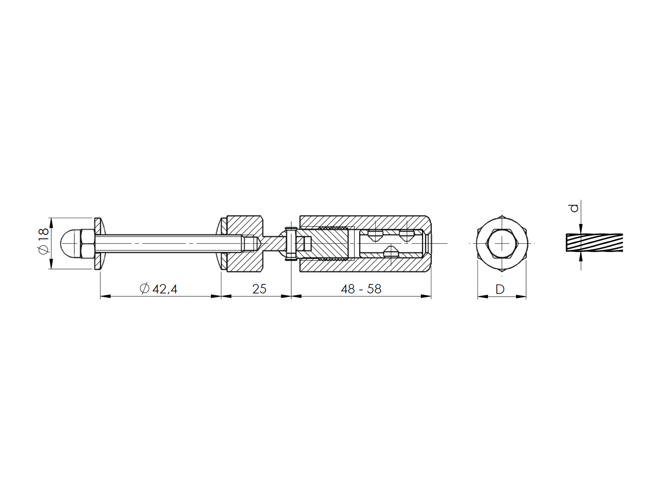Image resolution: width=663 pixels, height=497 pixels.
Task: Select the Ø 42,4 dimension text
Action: tap(159, 289)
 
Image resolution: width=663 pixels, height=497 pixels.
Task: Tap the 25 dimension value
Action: tap(259, 289)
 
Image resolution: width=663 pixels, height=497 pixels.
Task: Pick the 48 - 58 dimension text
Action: tap(361, 289)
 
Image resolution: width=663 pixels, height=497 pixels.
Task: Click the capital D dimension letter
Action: tap(500, 289)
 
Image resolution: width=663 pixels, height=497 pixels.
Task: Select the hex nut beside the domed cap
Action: tap(87, 243)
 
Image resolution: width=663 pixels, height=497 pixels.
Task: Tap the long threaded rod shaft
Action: tap(166, 243)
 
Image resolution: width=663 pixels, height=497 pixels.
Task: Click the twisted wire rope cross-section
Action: tap(594, 243)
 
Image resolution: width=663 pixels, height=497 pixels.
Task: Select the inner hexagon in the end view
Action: tap(502, 243)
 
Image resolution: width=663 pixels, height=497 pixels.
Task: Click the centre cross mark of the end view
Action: tap(502, 243)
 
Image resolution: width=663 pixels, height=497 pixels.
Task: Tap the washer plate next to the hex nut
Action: tap(97, 243)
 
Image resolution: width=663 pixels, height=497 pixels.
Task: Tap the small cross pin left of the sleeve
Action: tap(291, 243)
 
